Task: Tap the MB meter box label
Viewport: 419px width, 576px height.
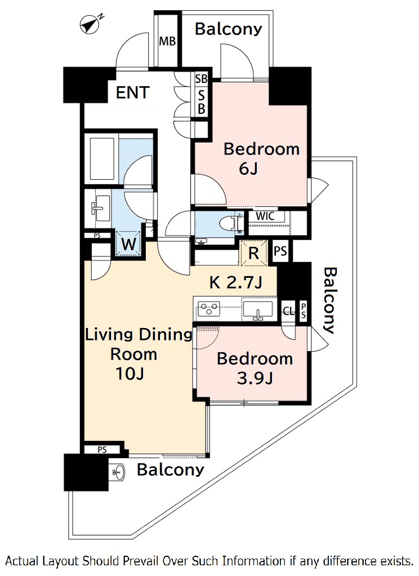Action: [167, 41]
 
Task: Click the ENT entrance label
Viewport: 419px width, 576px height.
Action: [132, 92]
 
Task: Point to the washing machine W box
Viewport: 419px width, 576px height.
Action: [128, 243]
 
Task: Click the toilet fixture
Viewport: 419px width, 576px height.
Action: [230, 223]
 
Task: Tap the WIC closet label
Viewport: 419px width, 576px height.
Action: [265, 216]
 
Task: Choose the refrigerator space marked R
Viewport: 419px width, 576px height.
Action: [254, 252]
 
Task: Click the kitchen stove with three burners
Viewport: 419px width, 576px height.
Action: [208, 309]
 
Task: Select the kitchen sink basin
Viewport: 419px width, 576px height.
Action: [258, 309]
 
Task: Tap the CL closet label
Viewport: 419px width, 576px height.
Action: [288, 312]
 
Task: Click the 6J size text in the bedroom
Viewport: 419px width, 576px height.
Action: [248, 169]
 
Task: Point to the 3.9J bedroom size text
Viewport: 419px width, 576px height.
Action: [255, 378]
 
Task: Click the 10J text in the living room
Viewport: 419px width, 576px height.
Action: [130, 374]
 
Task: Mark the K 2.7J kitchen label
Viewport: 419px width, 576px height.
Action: [236, 282]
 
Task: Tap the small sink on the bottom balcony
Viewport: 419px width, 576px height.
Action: [118, 472]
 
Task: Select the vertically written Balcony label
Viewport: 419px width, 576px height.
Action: [329, 300]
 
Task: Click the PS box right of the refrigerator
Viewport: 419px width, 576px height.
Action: [280, 251]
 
